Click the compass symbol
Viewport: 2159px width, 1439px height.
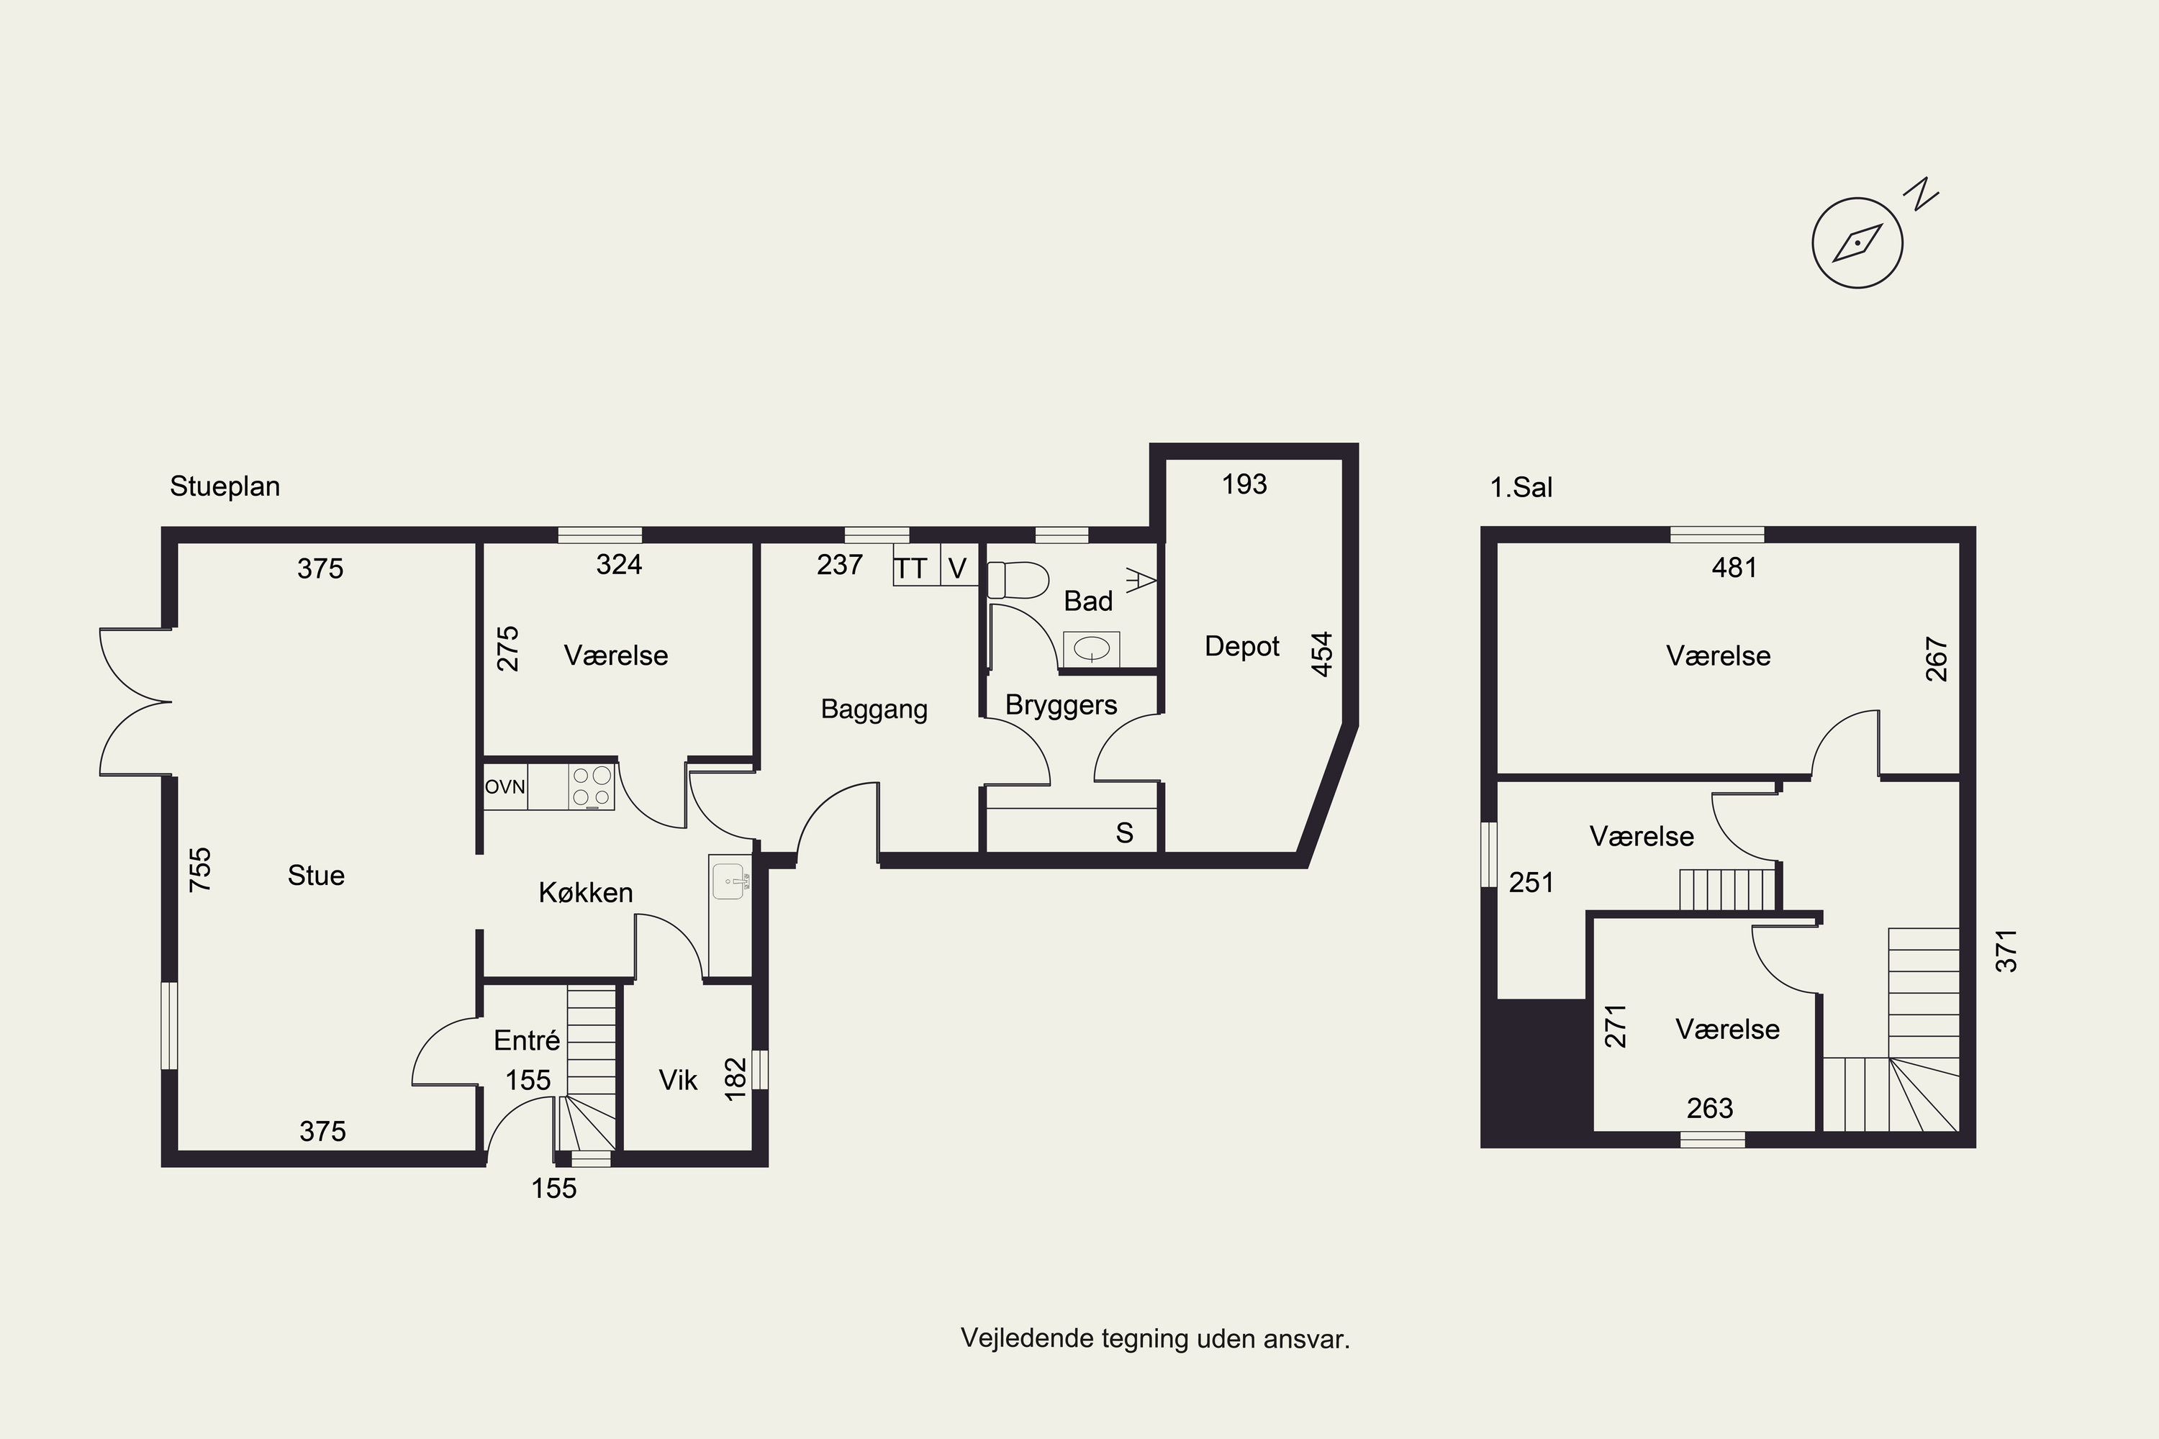[1857, 243]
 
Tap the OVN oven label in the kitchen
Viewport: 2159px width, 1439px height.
[505, 786]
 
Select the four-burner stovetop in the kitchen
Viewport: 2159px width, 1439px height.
[591, 787]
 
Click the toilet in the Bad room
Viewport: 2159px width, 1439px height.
[1018, 580]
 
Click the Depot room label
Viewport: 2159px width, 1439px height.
[1242, 647]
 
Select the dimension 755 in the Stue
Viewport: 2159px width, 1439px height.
[200, 869]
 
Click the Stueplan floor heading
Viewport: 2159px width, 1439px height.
[225, 486]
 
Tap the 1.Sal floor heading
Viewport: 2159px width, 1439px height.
[1521, 487]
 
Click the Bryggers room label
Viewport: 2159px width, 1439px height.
[1061, 706]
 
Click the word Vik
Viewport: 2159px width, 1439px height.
[679, 1080]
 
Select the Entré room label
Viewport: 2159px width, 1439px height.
[527, 1040]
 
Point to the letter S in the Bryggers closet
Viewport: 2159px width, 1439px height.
[1124, 833]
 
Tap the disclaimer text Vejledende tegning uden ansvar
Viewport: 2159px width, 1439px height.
[1156, 1339]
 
